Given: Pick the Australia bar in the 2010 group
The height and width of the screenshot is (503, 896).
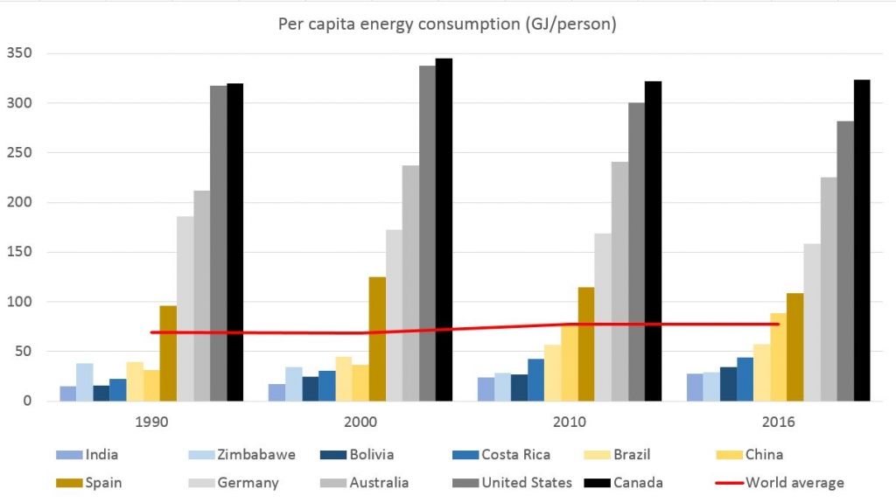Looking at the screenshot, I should point(619,281).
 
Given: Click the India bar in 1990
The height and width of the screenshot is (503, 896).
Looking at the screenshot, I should point(67,394).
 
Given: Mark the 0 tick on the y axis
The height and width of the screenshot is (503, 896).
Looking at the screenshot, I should point(28,402).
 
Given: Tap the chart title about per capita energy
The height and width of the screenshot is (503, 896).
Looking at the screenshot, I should point(447,24).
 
